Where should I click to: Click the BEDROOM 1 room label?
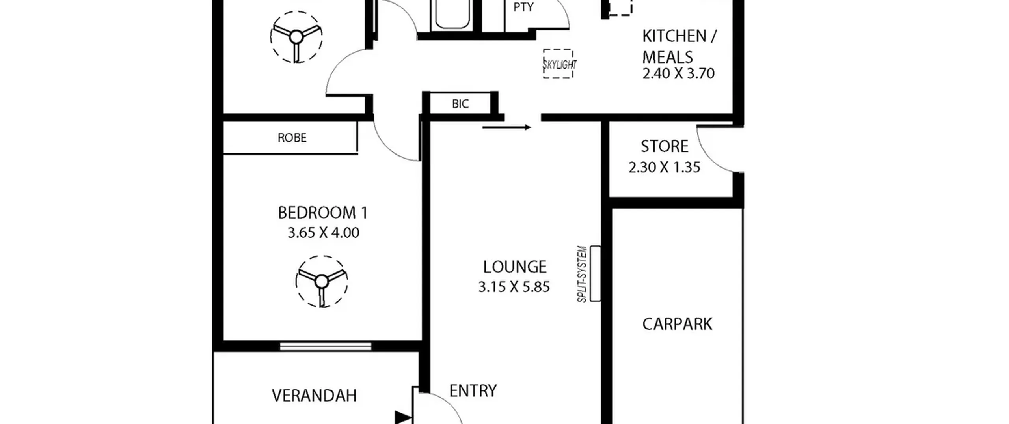point(323,213)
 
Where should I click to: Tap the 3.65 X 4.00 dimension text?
point(323,233)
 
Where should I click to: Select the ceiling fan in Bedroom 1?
point(322,281)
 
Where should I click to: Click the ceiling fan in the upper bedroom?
point(296,37)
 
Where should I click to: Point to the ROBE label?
point(292,138)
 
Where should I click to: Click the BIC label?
point(460,104)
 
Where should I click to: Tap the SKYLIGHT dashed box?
point(558,64)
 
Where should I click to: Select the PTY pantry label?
point(523,7)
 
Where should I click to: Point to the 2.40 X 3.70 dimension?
point(678,74)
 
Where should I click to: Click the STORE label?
point(665,147)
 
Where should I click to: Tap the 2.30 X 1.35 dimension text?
point(664,167)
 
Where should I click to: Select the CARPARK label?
point(677,324)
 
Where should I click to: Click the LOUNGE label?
point(515,267)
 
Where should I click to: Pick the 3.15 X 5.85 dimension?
point(514,287)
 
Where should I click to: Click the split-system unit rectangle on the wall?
point(595,273)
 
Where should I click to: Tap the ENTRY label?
point(473,391)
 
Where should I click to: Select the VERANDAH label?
point(314,396)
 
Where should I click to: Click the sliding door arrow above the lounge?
point(507,127)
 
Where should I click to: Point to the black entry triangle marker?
point(403,417)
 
